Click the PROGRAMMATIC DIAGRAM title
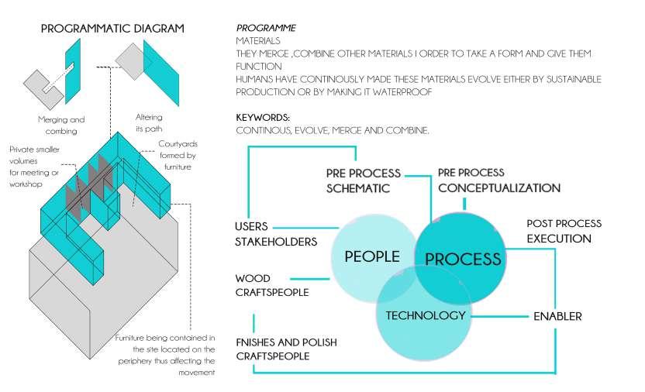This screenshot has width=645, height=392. tap(112, 29)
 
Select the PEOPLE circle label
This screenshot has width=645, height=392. tap(373, 256)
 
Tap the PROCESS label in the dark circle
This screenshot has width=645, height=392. tap(464, 259)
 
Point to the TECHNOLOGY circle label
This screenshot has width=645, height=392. tap(426, 315)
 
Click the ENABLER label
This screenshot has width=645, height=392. tap(557, 316)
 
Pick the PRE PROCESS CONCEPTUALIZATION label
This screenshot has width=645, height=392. tap(498, 180)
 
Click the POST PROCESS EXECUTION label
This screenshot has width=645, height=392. tap(564, 231)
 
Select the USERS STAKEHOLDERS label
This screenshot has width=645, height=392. tap(275, 233)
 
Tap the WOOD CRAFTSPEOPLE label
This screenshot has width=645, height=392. tap(271, 285)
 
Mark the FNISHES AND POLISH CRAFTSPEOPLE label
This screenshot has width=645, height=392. tap(286, 349)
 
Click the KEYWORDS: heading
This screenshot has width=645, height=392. tap(263, 117)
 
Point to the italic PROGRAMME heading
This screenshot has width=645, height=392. tap(265, 29)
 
